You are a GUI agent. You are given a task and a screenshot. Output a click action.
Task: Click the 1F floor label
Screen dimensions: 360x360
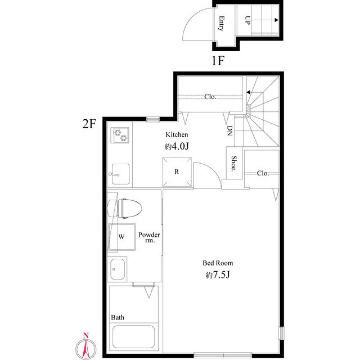click(218, 61)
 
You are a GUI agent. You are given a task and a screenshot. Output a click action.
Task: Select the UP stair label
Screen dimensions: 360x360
click(247, 20)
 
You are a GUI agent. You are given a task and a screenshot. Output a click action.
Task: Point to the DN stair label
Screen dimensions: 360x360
click(229, 131)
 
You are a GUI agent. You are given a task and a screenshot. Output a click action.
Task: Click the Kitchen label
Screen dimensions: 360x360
click(176, 135)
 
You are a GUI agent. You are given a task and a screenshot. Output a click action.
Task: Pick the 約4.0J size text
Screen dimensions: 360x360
click(176, 147)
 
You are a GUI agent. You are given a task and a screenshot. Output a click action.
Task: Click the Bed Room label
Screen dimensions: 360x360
click(218, 263)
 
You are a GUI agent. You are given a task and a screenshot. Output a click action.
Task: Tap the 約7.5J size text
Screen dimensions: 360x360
click(218, 276)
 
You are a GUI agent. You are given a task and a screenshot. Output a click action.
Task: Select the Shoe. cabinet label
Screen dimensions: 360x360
click(233, 163)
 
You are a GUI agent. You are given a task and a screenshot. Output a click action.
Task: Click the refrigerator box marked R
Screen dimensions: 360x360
click(177, 172)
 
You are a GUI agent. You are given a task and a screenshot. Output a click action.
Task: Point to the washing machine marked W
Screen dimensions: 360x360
click(122, 236)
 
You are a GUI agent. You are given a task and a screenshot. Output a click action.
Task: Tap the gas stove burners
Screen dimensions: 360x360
click(121, 134)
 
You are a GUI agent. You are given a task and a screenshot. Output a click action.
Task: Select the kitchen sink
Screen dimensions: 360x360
click(120, 173)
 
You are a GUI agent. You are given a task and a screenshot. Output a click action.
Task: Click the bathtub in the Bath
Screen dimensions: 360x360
click(133, 337)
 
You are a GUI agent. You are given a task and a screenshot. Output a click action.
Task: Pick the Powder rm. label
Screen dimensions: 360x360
click(150, 237)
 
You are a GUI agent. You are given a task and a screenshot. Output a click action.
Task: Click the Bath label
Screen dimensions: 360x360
click(118, 317)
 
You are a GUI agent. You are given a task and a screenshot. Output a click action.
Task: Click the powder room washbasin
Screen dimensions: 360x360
click(118, 269)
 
